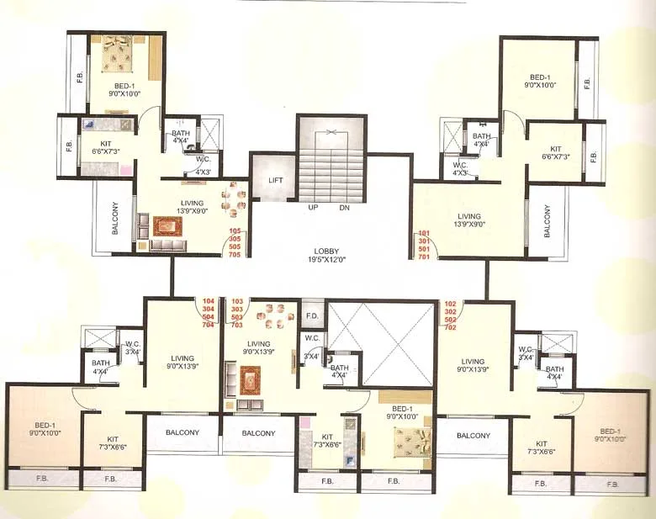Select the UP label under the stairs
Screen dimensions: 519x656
click(x=312, y=207)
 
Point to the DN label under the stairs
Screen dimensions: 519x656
click(x=344, y=207)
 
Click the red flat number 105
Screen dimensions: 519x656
click(x=235, y=230)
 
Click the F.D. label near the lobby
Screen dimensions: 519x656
click(x=312, y=316)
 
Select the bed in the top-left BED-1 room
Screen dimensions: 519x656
click(x=124, y=57)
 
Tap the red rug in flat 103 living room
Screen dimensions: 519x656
click(x=250, y=381)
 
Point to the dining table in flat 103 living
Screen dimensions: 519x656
click(x=274, y=317)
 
